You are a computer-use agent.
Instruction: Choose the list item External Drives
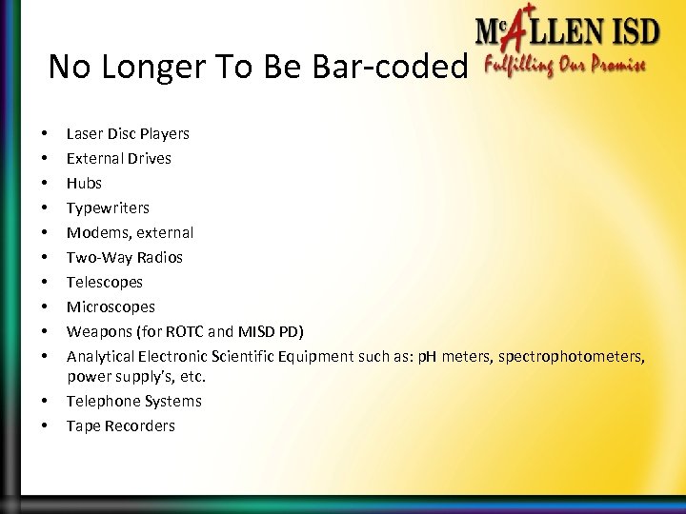119,158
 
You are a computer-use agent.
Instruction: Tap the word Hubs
84,184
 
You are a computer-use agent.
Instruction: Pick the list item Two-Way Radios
125,258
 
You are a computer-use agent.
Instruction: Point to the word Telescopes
104,283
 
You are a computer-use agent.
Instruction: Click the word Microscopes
111,307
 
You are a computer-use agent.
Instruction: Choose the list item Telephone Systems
133,402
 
